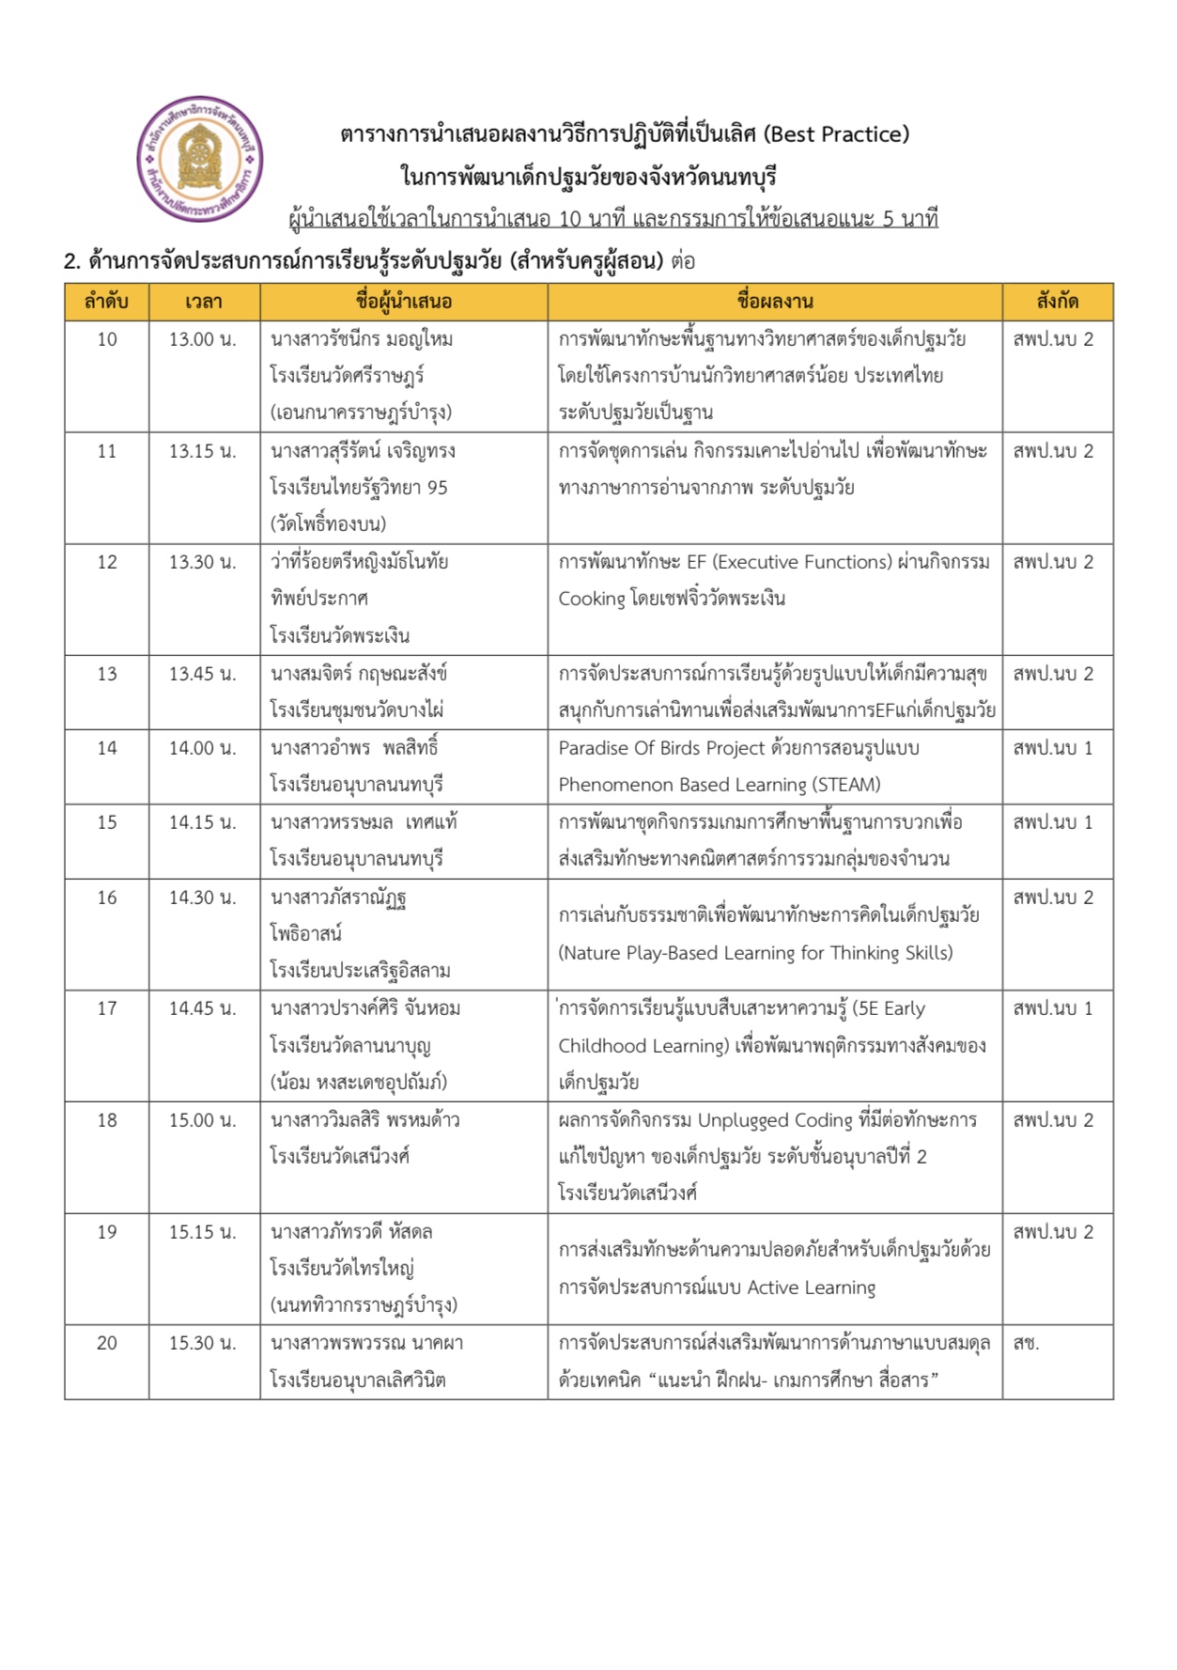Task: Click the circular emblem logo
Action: coord(200,159)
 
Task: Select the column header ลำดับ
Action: coord(106,302)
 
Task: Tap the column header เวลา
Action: coord(204,302)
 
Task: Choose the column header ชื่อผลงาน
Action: coord(775,302)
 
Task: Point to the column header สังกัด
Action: coord(1057,302)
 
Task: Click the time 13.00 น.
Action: coord(202,339)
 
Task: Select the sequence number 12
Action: coord(107,562)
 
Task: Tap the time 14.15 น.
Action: coord(202,822)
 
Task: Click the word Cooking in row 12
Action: coord(592,599)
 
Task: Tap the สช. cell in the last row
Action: coord(1026,1343)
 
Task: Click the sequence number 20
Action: coord(107,1343)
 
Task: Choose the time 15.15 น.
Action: coord(202,1232)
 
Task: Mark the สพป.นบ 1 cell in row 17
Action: coord(1052,1008)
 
